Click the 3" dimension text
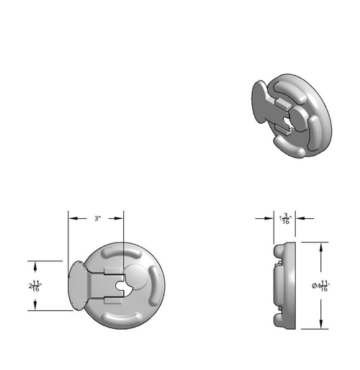[x=97, y=217]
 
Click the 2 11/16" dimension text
[x=35, y=285]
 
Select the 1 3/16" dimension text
[x=286, y=218]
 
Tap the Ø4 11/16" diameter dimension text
[x=320, y=285]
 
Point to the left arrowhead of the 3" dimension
[x=71, y=218]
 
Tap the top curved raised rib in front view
[x=123, y=253]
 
